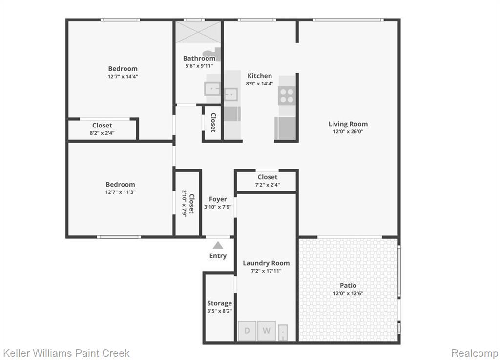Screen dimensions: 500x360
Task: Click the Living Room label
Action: pyautogui.click(x=348, y=124)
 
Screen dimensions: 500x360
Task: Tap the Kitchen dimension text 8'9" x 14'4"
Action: pyautogui.click(x=260, y=84)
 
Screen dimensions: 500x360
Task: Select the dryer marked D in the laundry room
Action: pyautogui.click(x=247, y=331)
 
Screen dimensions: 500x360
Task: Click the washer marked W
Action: pyautogui.click(x=267, y=331)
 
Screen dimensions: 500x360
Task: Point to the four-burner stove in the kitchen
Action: pyautogui.click(x=287, y=95)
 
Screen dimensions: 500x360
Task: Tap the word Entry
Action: pyautogui.click(x=218, y=256)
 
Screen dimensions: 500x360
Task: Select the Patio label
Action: pyautogui.click(x=348, y=285)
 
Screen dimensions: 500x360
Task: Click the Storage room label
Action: pyautogui.click(x=219, y=303)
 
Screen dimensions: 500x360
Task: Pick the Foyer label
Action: pyautogui.click(x=218, y=199)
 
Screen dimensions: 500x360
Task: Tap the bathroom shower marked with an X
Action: pyautogui.click(x=198, y=32)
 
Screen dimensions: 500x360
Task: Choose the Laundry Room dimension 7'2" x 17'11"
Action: pyautogui.click(x=266, y=271)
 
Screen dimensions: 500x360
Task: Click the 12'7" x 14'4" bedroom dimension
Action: pyautogui.click(x=123, y=77)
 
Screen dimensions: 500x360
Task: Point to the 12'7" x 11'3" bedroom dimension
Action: pyautogui.click(x=120, y=192)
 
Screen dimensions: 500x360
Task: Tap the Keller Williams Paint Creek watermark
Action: pyautogui.click(x=66, y=353)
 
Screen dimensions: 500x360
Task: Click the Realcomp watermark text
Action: pyautogui.click(x=475, y=353)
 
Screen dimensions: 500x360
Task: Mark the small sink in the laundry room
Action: pyautogui.click(x=283, y=333)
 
